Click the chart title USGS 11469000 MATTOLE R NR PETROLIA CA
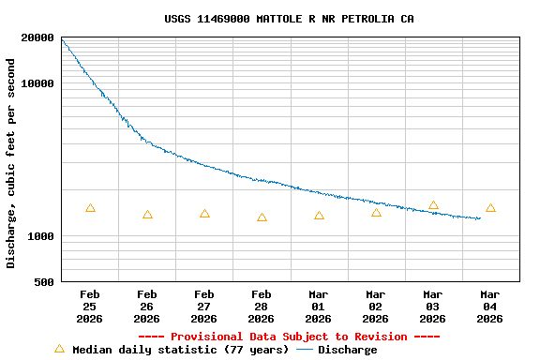(289, 19)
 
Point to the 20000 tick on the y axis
(37, 37)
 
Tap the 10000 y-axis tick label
(37, 83)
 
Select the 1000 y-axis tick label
(41, 236)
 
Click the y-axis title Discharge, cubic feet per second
(11, 163)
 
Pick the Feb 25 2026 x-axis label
(90, 307)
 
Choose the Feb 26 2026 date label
(147, 307)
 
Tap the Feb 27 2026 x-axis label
(204, 307)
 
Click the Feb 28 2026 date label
(262, 307)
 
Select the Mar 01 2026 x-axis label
(319, 307)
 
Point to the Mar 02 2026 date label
(376, 307)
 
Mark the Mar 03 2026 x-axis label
(433, 307)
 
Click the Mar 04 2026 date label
(490, 307)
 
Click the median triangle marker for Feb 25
(90, 208)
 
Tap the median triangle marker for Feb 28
(262, 217)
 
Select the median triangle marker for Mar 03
(433, 205)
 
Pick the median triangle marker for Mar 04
(490, 208)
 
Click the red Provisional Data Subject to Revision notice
(289, 337)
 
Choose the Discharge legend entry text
(347, 350)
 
